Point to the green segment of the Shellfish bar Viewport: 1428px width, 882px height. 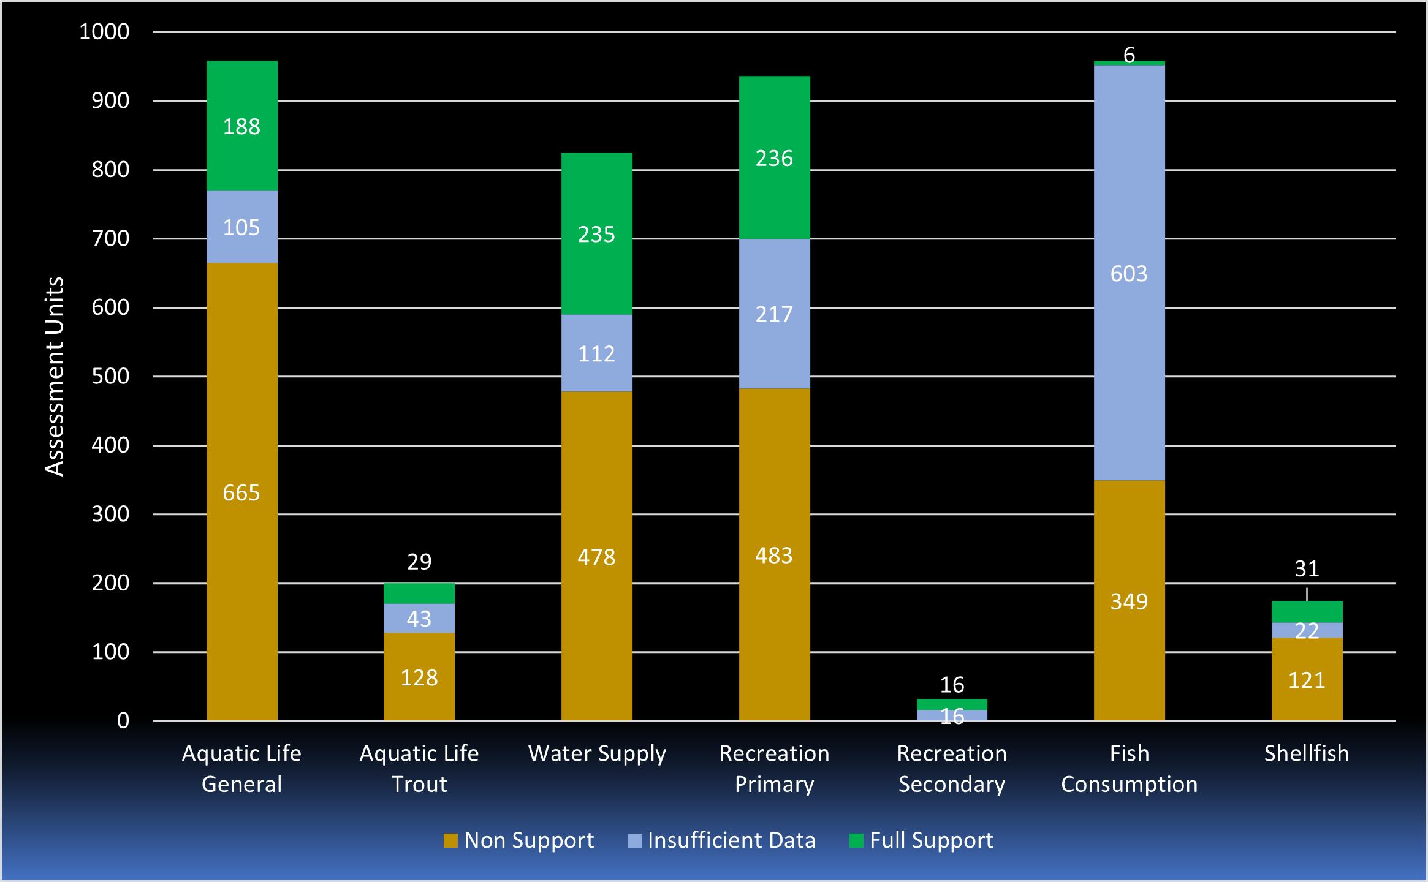pyautogui.click(x=1307, y=611)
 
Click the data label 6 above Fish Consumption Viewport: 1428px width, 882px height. pyautogui.click(x=1129, y=55)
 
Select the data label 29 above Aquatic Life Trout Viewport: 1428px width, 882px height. pyautogui.click(x=419, y=561)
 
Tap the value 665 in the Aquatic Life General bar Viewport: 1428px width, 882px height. pyautogui.click(x=241, y=492)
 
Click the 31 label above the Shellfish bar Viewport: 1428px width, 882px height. pyautogui.click(x=1307, y=568)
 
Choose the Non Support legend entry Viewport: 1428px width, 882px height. pyautogui.click(x=518, y=840)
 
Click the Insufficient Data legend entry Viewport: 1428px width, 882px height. pyautogui.click(x=721, y=840)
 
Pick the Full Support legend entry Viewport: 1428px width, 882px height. pyautogui.click(x=921, y=840)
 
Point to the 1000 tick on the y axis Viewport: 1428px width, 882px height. pyautogui.click(x=104, y=31)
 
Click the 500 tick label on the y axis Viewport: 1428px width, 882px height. pyautogui.click(x=110, y=376)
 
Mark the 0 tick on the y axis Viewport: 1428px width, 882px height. pyautogui.click(x=123, y=720)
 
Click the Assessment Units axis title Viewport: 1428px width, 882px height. pyautogui.click(x=55, y=376)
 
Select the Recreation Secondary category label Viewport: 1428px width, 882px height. pyautogui.click(x=951, y=768)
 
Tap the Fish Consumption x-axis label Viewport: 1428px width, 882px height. pyautogui.click(x=1129, y=768)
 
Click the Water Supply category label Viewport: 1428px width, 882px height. pyautogui.click(x=596, y=753)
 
